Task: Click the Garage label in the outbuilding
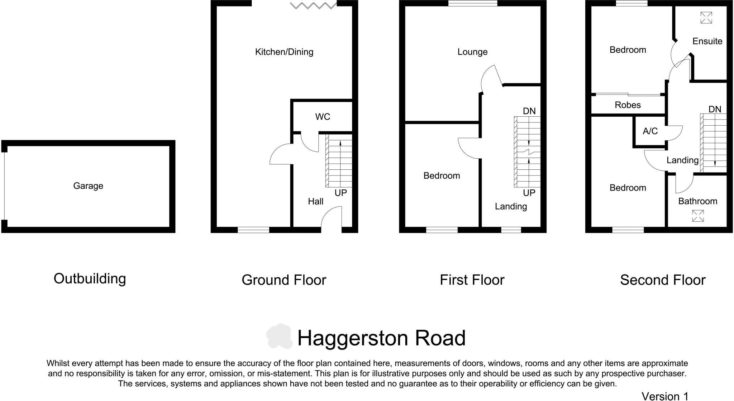click(88, 186)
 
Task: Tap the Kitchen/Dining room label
click(284, 52)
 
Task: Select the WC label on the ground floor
click(323, 117)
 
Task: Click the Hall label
click(316, 202)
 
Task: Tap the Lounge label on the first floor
click(472, 52)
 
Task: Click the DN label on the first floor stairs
click(529, 111)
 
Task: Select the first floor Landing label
click(511, 207)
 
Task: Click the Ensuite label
click(707, 41)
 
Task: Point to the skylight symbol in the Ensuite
click(706, 18)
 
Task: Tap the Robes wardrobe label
click(628, 105)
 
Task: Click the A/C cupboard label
click(650, 131)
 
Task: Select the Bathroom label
click(697, 201)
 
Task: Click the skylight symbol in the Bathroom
click(698, 216)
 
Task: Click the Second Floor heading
click(663, 280)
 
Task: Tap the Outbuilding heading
click(90, 279)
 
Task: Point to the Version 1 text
click(665, 396)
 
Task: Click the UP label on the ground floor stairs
click(340, 193)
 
